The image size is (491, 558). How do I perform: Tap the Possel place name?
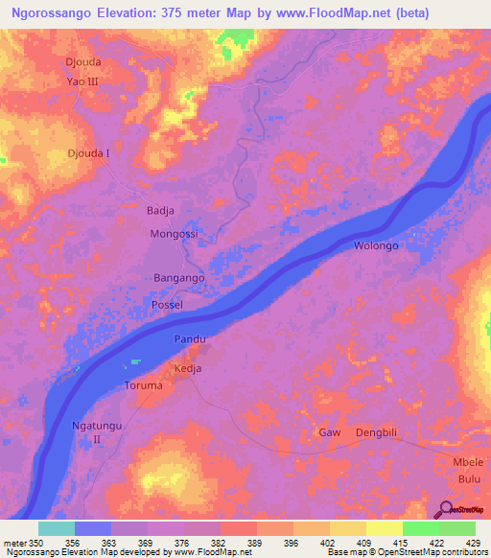[167, 304]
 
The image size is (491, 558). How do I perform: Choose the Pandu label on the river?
[190, 339]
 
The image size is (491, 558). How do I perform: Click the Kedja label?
[187, 368]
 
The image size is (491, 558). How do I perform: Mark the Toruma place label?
[145, 385]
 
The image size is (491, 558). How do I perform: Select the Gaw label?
[330, 432]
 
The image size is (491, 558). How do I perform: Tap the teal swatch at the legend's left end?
[56, 528]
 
